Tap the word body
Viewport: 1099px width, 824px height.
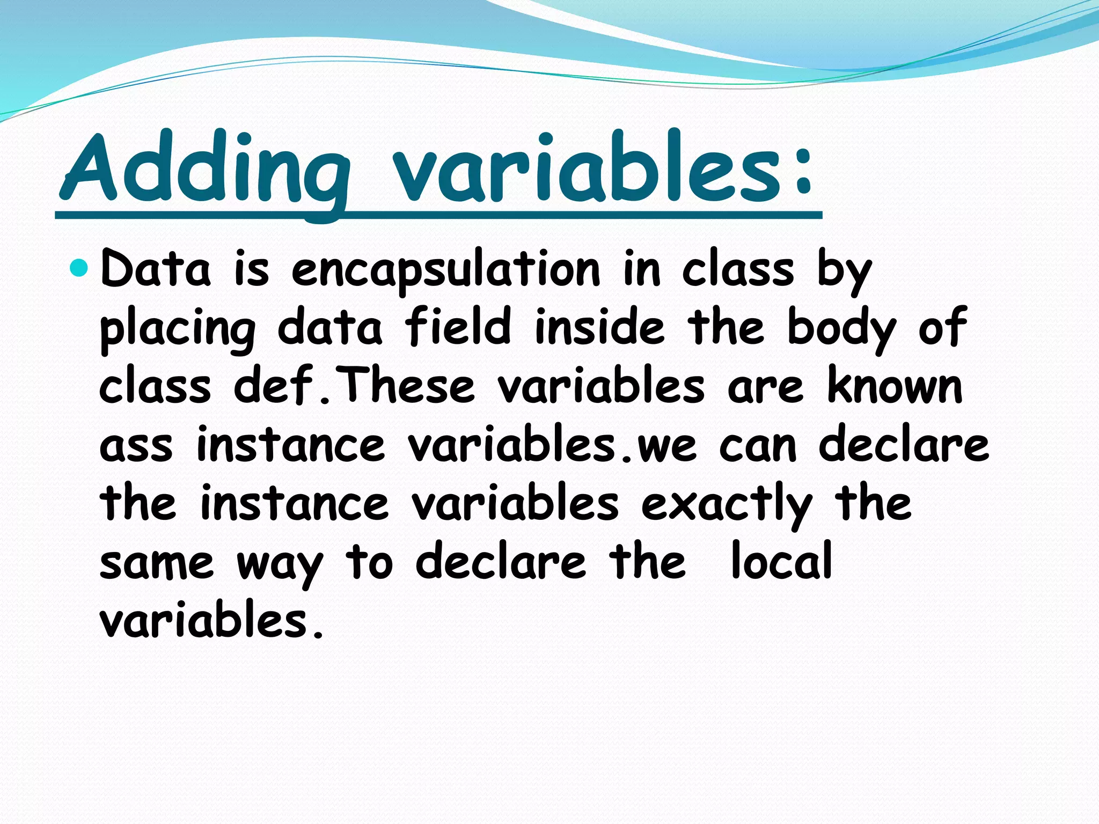pos(841,329)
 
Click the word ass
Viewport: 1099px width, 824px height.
pos(136,446)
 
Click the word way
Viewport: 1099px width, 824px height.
pos(280,565)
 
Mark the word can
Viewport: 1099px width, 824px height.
pos(758,446)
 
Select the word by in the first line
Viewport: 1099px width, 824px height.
pos(844,271)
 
